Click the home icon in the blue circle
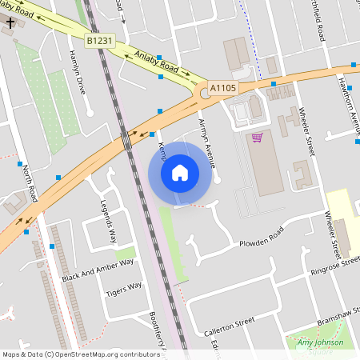(x=180, y=173)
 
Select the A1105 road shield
(x=223, y=86)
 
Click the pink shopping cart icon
(x=257, y=138)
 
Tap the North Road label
(x=30, y=183)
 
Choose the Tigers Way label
(x=124, y=289)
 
